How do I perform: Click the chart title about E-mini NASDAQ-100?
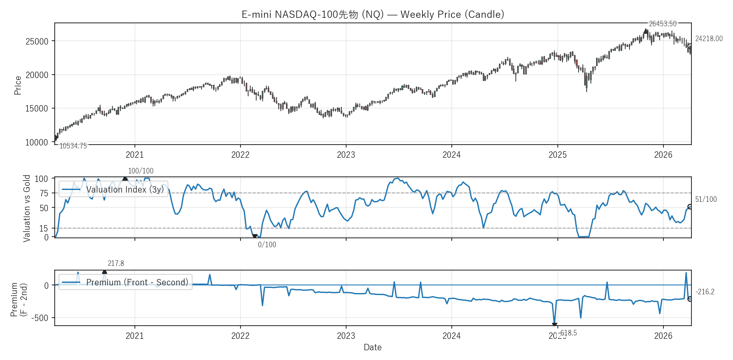pyautogui.click(x=372, y=14)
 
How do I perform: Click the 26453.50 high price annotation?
pyautogui.click(x=663, y=24)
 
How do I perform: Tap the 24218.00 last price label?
pyautogui.click(x=708, y=39)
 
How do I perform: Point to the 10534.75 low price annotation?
pyautogui.click(x=73, y=146)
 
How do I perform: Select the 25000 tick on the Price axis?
pyautogui.click(x=37, y=42)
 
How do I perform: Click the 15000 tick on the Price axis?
pyautogui.click(x=37, y=109)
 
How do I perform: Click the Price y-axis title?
pyautogui.click(x=18, y=85)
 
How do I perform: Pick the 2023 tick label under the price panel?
pyautogui.click(x=346, y=155)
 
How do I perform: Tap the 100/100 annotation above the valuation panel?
pyautogui.click(x=141, y=171)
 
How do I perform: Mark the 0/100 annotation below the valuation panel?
pyautogui.click(x=267, y=245)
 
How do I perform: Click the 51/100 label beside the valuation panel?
pyautogui.click(x=706, y=199)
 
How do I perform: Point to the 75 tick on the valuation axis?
pyautogui.click(x=44, y=193)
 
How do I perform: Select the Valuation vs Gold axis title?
pyautogui.click(x=27, y=208)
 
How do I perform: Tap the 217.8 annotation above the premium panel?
pyautogui.click(x=116, y=263)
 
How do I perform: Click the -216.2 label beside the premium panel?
pyautogui.click(x=705, y=292)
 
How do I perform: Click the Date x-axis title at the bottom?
pyautogui.click(x=372, y=347)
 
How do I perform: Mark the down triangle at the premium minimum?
pyautogui.click(x=554, y=325)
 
